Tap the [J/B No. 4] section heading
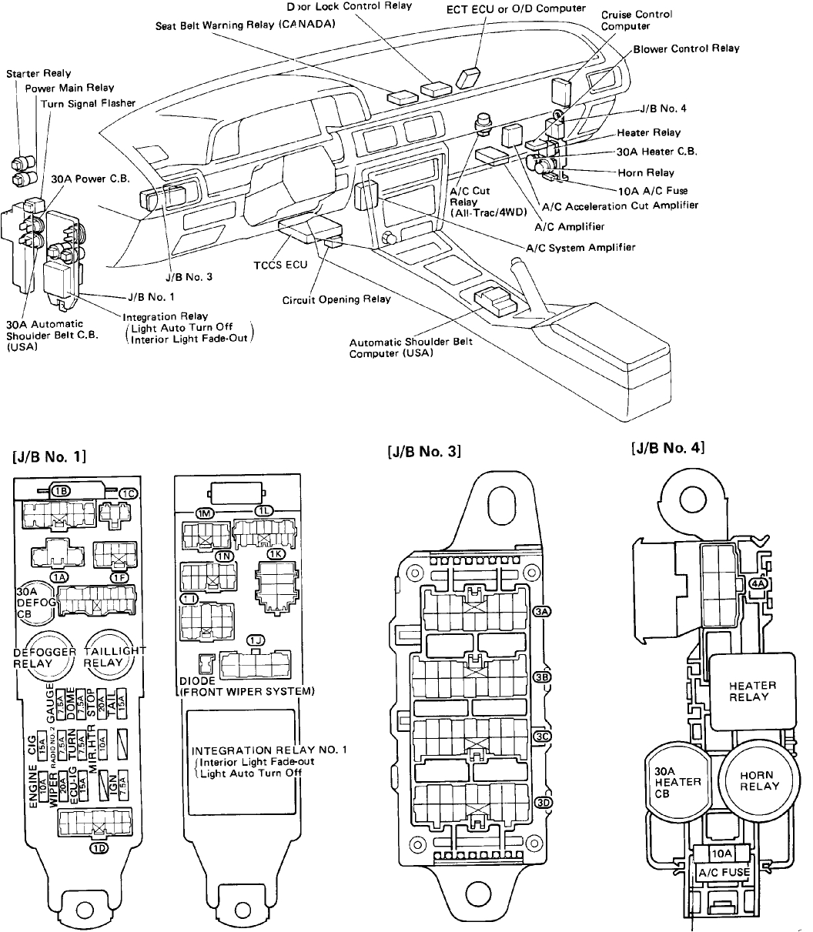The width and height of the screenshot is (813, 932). [667, 447]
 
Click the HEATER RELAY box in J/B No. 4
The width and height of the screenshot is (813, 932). [751, 690]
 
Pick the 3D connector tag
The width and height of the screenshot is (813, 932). [544, 802]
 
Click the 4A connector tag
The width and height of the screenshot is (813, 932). [758, 584]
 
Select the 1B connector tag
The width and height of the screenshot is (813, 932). [61, 490]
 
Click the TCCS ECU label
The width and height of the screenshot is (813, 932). [281, 265]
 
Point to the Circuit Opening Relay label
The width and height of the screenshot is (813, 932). [336, 299]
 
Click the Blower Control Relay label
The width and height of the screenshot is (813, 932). [686, 48]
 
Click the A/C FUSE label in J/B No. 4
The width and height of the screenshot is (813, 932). [723, 872]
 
